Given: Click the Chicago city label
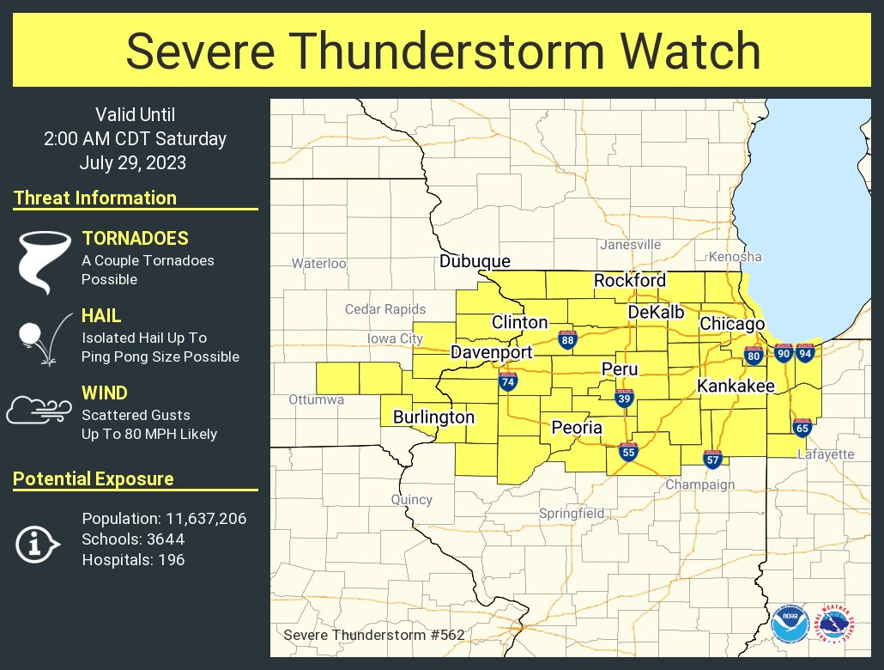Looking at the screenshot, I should click(731, 324).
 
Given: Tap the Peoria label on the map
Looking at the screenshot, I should click(577, 428).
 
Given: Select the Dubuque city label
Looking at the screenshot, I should click(475, 261).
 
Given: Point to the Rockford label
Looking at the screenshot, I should click(629, 281).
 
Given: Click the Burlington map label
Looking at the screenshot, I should click(433, 417).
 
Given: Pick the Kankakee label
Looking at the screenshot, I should click(736, 387).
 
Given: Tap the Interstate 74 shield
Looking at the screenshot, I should click(508, 381).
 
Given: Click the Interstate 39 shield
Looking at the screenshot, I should click(624, 397).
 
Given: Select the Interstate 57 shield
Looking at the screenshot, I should click(712, 458).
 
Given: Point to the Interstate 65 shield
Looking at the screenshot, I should click(802, 427).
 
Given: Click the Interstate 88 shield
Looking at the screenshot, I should click(567, 340).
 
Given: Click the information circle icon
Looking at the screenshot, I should click(38, 544).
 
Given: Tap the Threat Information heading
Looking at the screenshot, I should click(95, 198).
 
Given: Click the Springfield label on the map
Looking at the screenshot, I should click(572, 514).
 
